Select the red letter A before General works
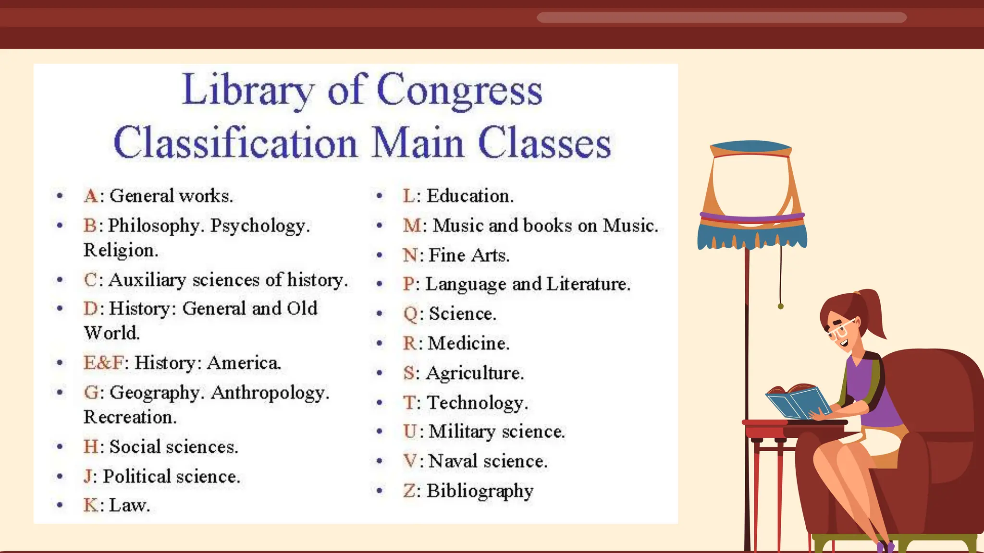[90, 196]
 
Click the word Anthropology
[270, 393]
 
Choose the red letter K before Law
[90, 505]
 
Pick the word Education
[469, 196]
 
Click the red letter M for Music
[412, 226]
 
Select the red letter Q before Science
[411, 314]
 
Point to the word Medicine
[468, 343]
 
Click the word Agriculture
[474, 373]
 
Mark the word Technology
[477, 403]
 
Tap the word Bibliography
[480, 491]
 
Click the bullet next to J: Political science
[60, 476]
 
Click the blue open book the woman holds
[798, 402]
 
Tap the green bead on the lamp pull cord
[781, 306]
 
